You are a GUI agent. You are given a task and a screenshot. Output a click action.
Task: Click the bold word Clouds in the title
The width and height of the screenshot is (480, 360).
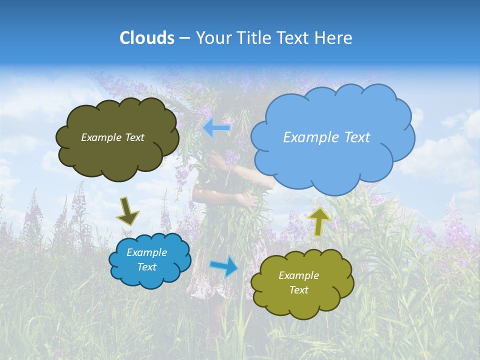(146, 38)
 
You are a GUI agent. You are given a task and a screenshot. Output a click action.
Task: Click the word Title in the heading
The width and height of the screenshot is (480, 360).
(254, 38)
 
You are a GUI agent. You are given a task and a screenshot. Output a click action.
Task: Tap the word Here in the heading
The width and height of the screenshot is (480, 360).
(334, 38)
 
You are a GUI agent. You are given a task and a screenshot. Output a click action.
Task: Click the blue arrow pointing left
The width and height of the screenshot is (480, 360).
(216, 128)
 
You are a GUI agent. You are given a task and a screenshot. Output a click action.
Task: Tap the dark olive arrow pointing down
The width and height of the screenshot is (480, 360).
(127, 211)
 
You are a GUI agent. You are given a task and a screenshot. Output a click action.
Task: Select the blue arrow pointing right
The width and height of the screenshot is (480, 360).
(224, 266)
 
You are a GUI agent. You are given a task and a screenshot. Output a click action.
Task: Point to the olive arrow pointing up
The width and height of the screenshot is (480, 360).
(318, 220)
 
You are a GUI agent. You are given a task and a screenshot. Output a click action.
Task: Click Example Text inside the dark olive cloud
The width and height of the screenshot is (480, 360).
(112, 137)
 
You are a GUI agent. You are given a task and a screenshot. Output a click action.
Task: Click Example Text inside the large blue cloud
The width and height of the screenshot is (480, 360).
(326, 137)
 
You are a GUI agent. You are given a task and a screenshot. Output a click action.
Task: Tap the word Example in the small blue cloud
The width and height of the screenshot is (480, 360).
(146, 252)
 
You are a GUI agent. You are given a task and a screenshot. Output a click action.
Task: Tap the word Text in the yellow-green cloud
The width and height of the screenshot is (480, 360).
(298, 290)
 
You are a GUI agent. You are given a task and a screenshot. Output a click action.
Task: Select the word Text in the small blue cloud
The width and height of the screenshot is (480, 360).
(146, 267)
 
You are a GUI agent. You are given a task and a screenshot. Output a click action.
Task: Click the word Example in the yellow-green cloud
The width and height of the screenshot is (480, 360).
(298, 275)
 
